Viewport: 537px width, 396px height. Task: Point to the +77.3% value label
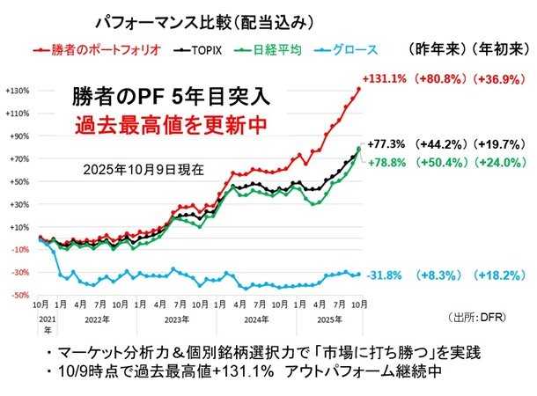point(387,143)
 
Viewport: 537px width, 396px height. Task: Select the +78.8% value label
point(387,162)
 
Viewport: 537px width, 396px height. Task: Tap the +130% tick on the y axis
point(18,91)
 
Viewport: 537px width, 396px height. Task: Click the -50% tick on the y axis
point(19,295)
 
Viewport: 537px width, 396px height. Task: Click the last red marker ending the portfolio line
point(359,89)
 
